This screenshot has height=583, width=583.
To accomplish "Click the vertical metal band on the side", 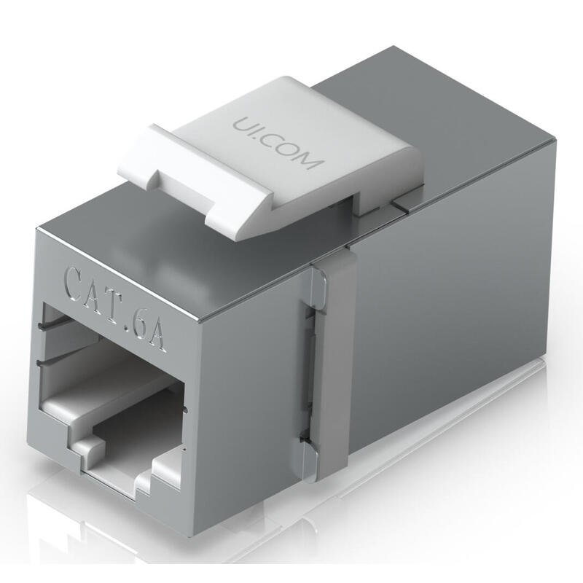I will click(332, 364).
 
